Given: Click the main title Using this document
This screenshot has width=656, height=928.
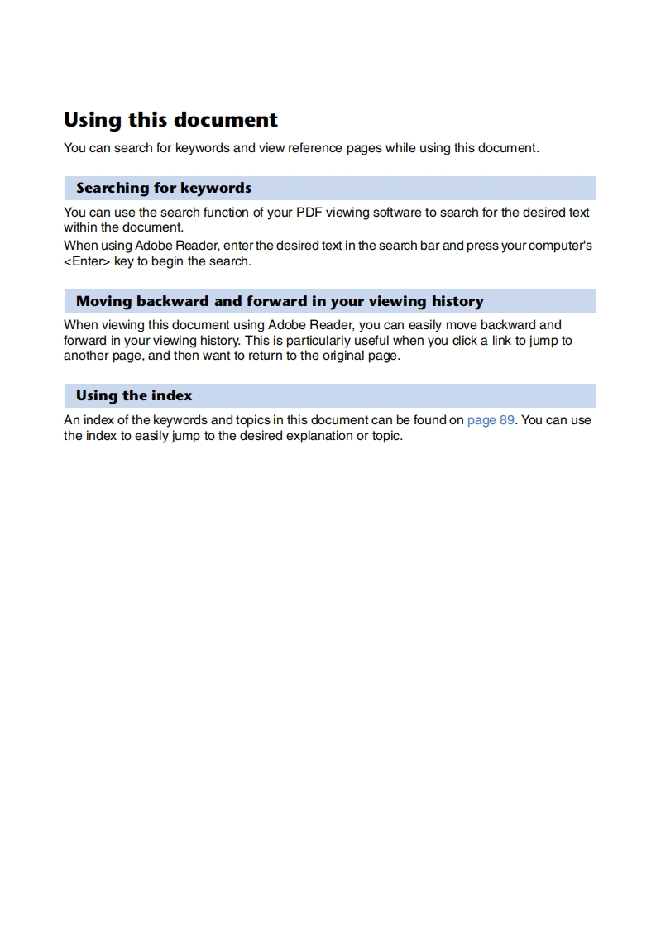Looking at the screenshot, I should tap(170, 120).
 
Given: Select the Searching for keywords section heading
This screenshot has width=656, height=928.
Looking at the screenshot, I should tap(164, 188).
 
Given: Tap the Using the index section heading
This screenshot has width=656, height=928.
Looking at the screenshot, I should tap(134, 395).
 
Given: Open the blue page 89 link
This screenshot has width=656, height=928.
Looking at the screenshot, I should tap(491, 419).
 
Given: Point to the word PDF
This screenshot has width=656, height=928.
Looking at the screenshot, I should tap(311, 212).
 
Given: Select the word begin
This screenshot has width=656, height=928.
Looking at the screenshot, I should tap(166, 261).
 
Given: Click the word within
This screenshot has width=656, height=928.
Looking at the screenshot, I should tap(80, 227).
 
